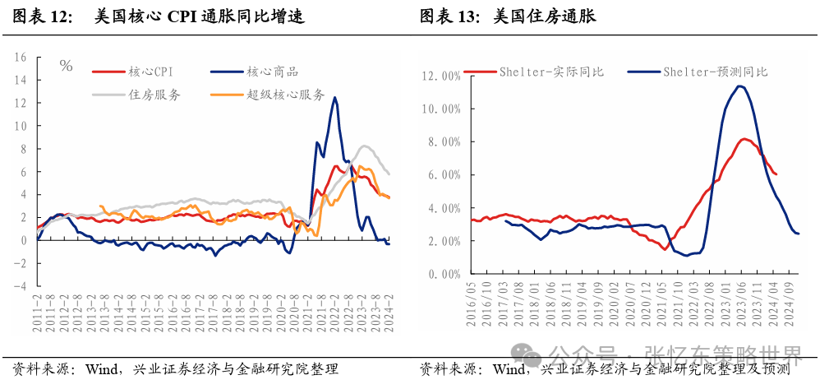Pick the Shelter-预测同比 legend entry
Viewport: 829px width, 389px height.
click(x=716, y=72)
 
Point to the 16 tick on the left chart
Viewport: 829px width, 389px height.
click(x=21, y=58)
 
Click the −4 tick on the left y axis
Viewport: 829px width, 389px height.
click(x=21, y=286)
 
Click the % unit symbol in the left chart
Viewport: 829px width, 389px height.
click(x=67, y=66)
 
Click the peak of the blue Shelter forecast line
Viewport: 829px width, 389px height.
click(x=741, y=86)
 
